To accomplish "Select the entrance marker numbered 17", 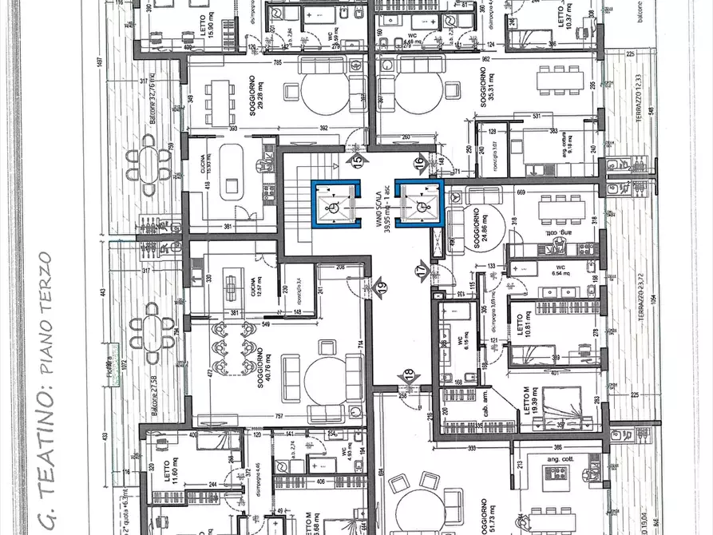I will [x=422, y=271].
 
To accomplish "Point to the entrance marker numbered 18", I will [x=410, y=375].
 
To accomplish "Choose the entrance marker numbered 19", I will [x=381, y=285].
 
